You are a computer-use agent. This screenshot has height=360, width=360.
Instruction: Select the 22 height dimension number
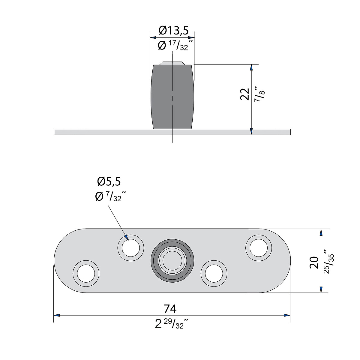click(245, 94)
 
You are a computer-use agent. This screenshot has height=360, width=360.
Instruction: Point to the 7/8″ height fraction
click(260, 94)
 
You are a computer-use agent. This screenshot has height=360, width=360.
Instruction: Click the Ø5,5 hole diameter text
click(109, 182)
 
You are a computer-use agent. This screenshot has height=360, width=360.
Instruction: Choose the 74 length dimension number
click(170, 308)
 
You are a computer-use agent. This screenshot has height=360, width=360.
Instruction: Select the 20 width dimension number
click(314, 262)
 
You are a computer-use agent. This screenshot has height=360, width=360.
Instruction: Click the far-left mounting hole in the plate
click(86, 273)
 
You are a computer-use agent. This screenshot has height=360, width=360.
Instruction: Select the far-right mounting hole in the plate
click(259, 248)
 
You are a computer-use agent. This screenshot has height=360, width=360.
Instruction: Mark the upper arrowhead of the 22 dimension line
click(251, 67)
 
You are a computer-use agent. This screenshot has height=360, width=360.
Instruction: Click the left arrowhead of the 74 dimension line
click(57, 315)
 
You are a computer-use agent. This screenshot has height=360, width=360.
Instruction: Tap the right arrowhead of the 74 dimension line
click(287, 315)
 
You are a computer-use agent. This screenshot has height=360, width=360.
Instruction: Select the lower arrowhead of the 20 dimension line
click(321, 289)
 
